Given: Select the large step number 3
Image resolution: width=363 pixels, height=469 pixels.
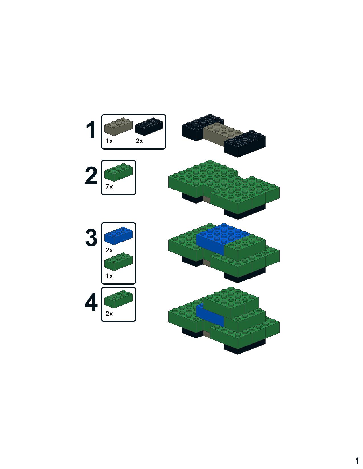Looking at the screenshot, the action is pyautogui.click(x=91, y=238).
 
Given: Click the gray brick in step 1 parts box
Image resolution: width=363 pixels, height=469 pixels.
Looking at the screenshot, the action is pyautogui.click(x=118, y=126).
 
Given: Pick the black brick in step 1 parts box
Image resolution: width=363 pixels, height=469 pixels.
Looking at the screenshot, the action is pyautogui.click(x=149, y=126).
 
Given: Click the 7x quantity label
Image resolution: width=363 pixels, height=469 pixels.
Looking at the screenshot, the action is pyautogui.click(x=109, y=187).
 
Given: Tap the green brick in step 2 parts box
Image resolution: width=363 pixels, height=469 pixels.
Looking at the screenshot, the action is pyautogui.click(x=118, y=172).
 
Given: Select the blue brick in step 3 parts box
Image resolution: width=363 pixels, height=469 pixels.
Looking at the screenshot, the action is pyautogui.click(x=118, y=235).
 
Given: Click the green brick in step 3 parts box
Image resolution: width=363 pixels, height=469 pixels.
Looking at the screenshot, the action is pyautogui.click(x=118, y=262).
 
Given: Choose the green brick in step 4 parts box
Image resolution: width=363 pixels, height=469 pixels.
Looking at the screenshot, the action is pyautogui.click(x=118, y=299).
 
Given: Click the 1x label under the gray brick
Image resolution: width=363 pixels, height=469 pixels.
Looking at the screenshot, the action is pyautogui.click(x=109, y=141).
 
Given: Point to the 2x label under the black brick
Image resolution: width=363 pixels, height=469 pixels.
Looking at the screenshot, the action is pyautogui.click(x=140, y=141).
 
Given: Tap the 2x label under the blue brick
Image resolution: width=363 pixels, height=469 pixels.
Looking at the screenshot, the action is pyautogui.click(x=109, y=250).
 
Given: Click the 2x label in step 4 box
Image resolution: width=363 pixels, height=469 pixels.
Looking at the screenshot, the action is pyautogui.click(x=109, y=314).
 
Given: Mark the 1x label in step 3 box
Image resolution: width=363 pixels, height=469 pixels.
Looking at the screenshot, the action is pyautogui.click(x=109, y=276).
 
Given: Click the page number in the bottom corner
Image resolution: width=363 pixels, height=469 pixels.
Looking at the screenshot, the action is pyautogui.click(x=357, y=460).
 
